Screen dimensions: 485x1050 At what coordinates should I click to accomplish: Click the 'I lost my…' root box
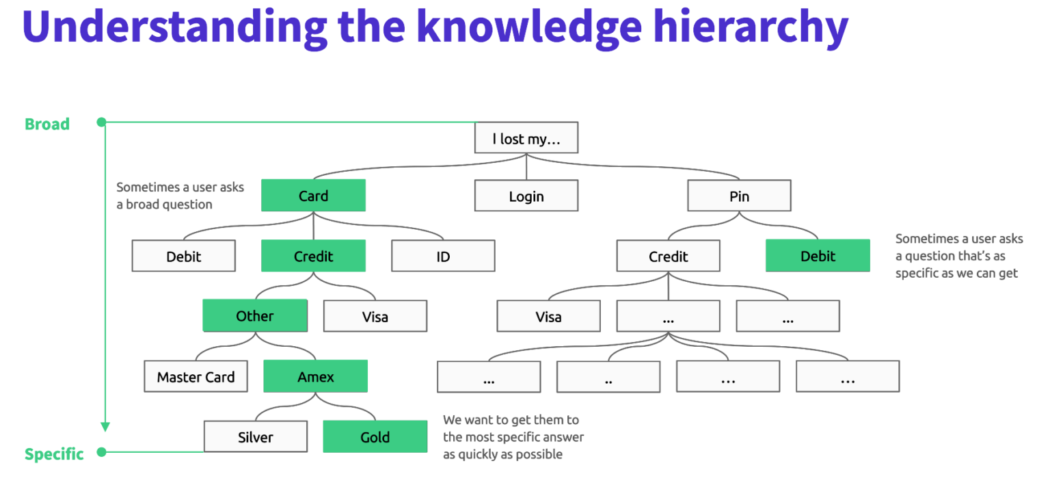click(526, 137)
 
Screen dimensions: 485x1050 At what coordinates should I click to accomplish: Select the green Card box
click(313, 196)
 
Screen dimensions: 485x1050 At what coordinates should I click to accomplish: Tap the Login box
click(526, 196)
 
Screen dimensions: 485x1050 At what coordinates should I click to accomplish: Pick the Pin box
click(739, 196)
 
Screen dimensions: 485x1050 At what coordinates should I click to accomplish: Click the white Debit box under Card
click(183, 256)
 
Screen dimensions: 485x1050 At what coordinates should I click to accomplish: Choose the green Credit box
click(313, 256)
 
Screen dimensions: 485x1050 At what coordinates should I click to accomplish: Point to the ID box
click(443, 256)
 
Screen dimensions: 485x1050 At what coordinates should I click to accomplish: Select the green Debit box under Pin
click(818, 256)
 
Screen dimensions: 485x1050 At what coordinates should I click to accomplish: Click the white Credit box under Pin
click(668, 256)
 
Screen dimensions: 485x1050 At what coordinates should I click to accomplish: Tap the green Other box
click(255, 316)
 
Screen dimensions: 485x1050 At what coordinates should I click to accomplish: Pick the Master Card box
click(196, 376)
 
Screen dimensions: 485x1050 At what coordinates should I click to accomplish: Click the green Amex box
click(315, 376)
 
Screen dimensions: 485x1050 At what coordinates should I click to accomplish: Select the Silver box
click(256, 436)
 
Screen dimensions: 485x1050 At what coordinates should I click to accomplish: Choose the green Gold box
click(375, 436)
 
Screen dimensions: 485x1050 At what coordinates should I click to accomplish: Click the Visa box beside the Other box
click(375, 316)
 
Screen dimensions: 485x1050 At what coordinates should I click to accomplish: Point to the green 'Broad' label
click(47, 124)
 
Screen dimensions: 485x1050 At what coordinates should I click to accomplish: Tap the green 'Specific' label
click(54, 454)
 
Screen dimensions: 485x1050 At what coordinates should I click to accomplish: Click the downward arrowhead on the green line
click(105, 427)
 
